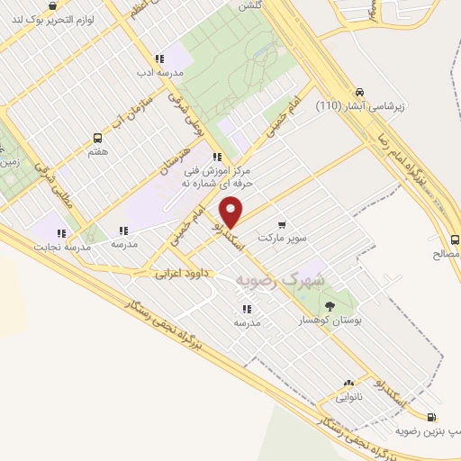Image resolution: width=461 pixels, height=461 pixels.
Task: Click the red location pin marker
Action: pyautogui.click(x=231, y=211)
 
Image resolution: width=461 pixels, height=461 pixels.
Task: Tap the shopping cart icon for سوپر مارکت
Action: pyautogui.click(x=282, y=225)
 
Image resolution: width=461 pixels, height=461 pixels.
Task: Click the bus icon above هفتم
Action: pyautogui.click(x=97, y=138)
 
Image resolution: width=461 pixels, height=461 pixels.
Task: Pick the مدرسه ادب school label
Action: pyautogui.click(x=160, y=72)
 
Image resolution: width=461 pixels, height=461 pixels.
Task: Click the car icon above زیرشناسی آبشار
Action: pyautogui.click(x=359, y=93)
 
